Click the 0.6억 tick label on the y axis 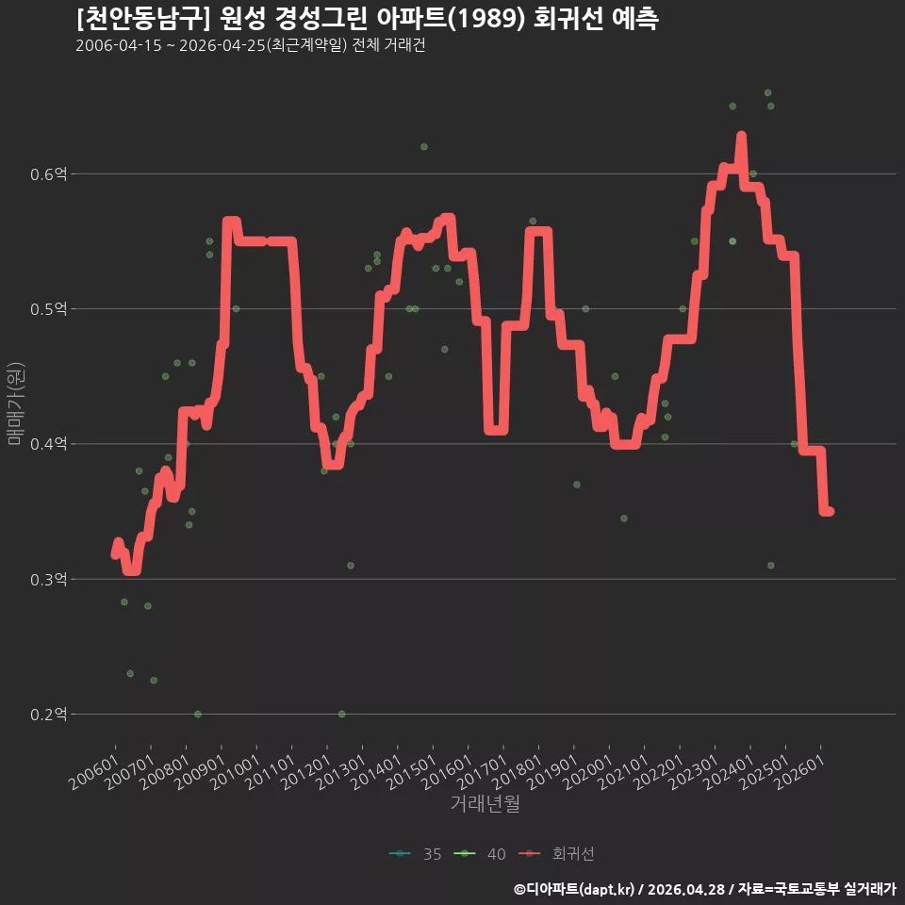coord(48,173)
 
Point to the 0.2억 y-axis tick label coord(48,715)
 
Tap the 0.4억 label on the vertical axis coord(48,444)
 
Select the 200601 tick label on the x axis coord(94,772)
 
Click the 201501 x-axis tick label coord(412,772)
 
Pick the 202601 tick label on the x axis coord(800,772)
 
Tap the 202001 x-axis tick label coord(588,772)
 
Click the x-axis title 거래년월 coord(485,803)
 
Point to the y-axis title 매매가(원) coord(15,403)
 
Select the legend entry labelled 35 coord(416,854)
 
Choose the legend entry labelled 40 coord(480,854)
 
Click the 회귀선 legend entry coord(556,854)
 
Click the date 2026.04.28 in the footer coord(685,889)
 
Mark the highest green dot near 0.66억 coord(767,93)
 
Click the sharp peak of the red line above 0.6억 coord(742,135)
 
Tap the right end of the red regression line coord(830,511)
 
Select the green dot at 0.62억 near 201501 coord(424,147)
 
